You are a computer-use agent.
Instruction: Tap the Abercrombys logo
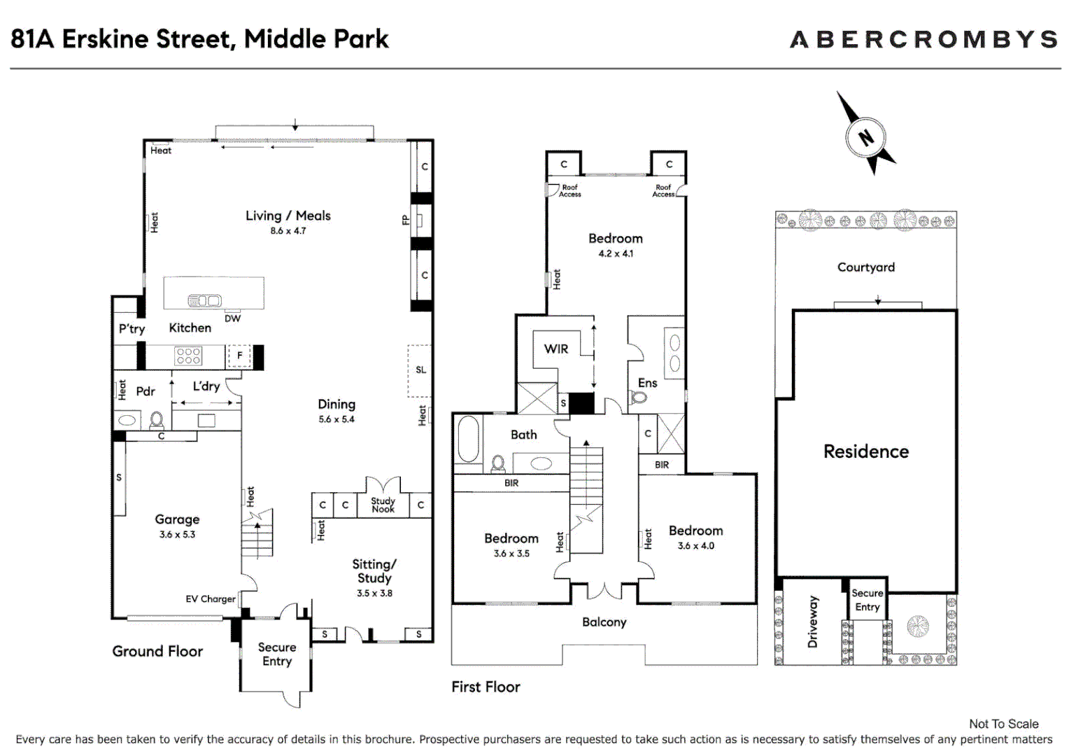pos(924,39)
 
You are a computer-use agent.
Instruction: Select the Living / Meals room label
pos(288,216)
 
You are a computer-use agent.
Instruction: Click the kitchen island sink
pos(205,300)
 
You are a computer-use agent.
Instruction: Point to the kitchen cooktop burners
pos(188,356)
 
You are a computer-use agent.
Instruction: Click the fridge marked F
pos(239,356)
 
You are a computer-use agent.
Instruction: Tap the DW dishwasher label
pos(232,318)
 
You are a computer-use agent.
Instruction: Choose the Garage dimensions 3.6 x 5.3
pos(177,534)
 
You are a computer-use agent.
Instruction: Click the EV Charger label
pos(211,599)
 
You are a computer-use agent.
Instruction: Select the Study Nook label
pos(383,505)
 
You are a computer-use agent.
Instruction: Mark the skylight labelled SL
pos(420,370)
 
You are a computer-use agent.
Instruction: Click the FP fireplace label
pos(406,220)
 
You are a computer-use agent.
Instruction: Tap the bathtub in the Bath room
pos(468,440)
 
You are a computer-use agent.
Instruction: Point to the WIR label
pos(556,349)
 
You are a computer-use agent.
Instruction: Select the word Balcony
pos(604,622)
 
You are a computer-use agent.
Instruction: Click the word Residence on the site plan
pos(866,451)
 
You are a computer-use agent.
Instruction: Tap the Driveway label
pos(812,622)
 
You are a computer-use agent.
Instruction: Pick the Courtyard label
pos(865,267)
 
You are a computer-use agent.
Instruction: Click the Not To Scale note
pos(1004,724)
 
